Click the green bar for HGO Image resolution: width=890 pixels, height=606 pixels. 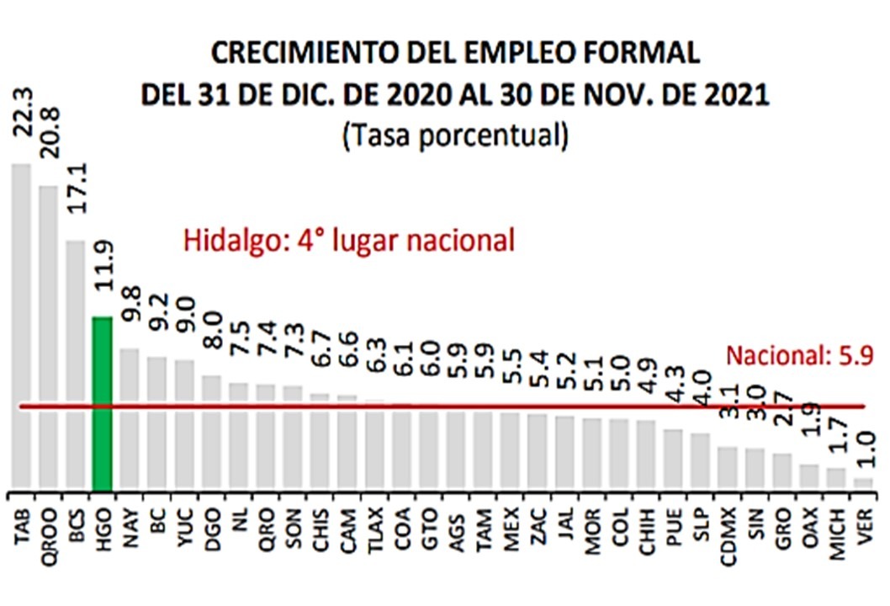tap(102, 404)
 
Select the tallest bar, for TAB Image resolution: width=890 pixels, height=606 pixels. tap(21, 328)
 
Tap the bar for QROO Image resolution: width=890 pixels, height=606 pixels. tap(48, 337)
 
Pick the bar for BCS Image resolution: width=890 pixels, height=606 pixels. tap(76, 366)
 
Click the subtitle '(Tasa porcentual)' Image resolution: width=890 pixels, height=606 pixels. tap(454, 135)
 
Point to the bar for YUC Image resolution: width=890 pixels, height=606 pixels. tap(184, 425)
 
